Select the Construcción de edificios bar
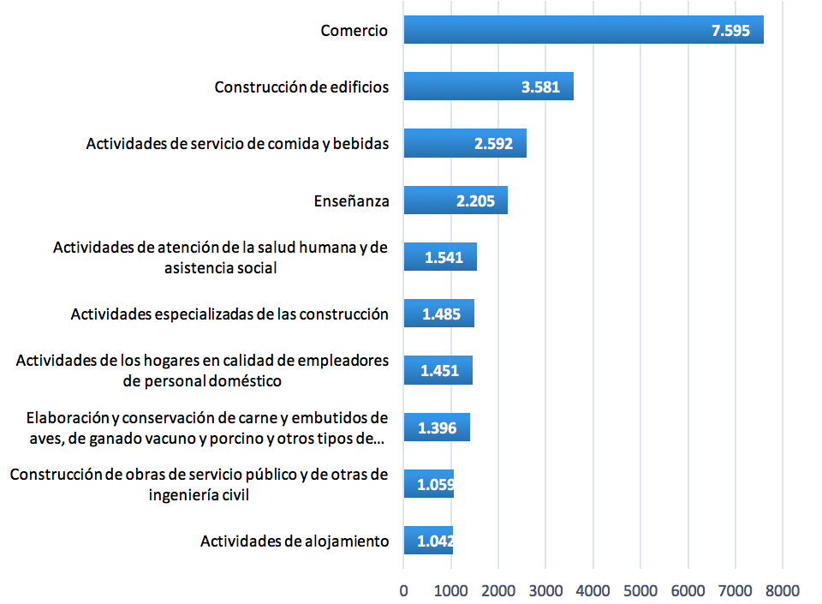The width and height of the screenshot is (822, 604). click(488, 87)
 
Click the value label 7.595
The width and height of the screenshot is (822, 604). click(730, 31)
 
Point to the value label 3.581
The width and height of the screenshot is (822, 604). click(540, 87)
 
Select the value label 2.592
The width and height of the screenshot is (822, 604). click(493, 144)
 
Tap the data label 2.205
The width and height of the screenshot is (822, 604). click(474, 201)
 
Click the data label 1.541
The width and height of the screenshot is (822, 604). click(444, 257)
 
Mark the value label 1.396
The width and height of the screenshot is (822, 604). click(437, 428)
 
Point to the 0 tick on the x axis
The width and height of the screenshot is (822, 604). click(403, 590)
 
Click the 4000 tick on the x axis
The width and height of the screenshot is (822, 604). click(593, 590)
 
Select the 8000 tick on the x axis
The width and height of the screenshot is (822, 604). click(782, 590)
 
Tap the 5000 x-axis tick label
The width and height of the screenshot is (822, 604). click(640, 590)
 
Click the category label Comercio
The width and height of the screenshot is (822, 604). click(354, 31)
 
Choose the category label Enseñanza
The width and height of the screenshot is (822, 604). click(351, 201)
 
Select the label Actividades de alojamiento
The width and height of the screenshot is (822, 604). click(295, 541)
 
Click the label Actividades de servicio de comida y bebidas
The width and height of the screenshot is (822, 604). click(237, 144)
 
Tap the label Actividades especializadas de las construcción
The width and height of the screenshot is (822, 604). click(229, 314)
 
